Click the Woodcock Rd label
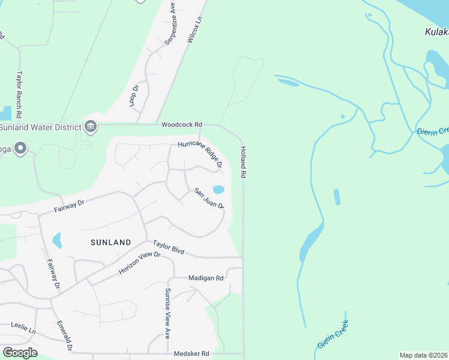181,125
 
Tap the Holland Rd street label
244,162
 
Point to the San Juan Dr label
209,199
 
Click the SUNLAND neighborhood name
110,242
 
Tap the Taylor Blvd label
168,247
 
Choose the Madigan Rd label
205,278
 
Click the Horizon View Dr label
140,263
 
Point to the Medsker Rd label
191,354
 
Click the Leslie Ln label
23,328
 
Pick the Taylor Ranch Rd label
19,95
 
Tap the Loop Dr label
134,95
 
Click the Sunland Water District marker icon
91,126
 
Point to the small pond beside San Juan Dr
218,190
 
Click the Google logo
20,353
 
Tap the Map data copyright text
423,355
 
